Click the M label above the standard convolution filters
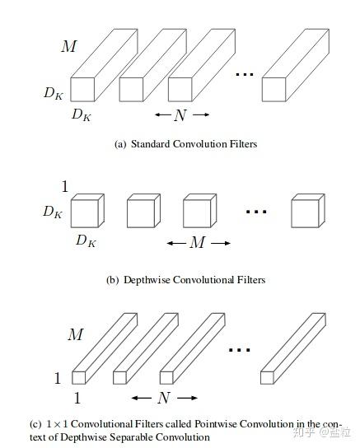[68, 46]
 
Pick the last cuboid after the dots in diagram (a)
[292, 70]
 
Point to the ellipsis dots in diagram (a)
[244, 76]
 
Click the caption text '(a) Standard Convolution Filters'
[185, 144]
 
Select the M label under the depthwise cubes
[197, 242]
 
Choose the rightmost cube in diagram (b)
[306, 212]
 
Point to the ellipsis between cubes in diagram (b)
[256, 212]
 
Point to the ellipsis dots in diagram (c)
[239, 350]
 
